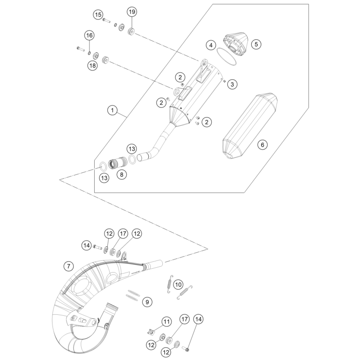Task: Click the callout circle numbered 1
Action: click(112, 111)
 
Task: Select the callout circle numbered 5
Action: click(256, 44)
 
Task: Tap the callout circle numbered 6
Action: click(262, 144)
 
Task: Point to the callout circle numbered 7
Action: click(69, 266)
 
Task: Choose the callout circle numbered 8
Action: click(121, 173)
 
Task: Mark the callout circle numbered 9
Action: click(147, 302)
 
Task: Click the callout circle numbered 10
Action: click(178, 284)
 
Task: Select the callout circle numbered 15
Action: click(98, 15)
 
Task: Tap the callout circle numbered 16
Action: click(89, 35)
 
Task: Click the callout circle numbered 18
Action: click(92, 66)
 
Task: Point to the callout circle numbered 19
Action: click(132, 11)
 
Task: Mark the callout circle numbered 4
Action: click(210, 45)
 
